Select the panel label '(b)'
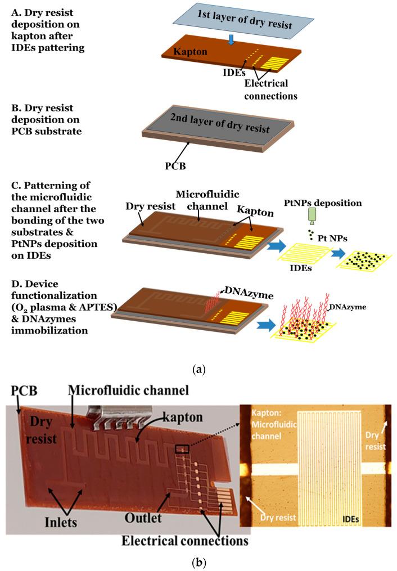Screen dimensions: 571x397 click(198, 560)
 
